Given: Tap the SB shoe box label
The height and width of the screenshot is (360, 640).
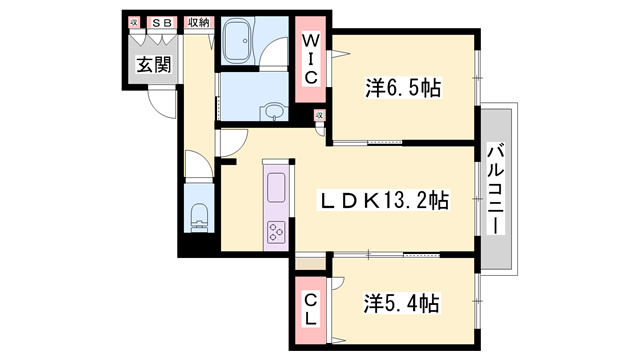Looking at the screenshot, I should (x=161, y=22).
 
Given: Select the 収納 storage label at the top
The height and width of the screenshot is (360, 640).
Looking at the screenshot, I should (x=197, y=22).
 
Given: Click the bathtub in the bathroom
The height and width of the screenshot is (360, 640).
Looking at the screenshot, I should (x=240, y=44).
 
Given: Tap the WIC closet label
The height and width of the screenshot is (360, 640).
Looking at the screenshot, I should (x=311, y=61).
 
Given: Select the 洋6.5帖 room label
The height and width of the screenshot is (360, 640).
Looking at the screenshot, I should (x=402, y=89).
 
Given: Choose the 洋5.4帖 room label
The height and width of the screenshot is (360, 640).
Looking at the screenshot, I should (x=402, y=301).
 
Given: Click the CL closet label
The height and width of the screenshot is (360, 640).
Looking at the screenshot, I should (x=310, y=308).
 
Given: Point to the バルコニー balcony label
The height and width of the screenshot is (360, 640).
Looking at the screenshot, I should (x=495, y=188).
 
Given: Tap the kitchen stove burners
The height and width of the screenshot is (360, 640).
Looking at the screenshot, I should (x=275, y=233).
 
